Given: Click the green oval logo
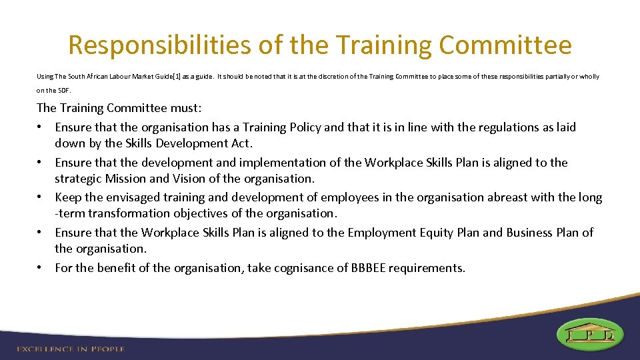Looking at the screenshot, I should (590, 333).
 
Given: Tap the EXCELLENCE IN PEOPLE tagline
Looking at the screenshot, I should (70, 349).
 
